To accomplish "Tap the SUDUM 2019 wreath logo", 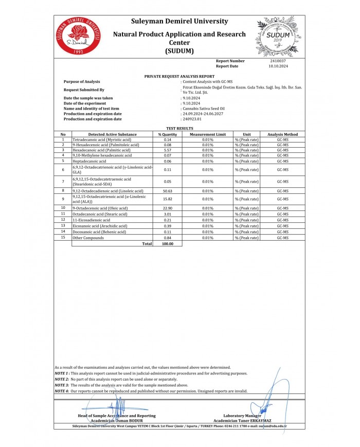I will [278, 36].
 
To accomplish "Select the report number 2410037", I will [277, 61].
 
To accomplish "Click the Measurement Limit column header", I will [208, 134].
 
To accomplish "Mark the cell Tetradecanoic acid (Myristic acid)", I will [102, 140].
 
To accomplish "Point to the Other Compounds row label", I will [85, 238].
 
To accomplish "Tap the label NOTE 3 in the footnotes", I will [62, 385].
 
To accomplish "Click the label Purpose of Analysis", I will [82, 82].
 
